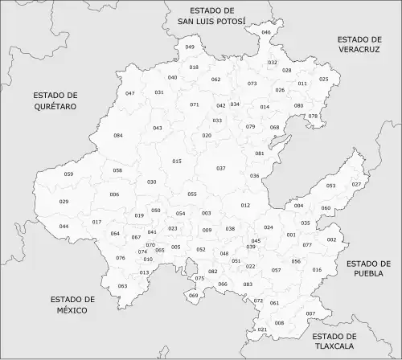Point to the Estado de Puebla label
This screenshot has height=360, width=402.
[x=368, y=268]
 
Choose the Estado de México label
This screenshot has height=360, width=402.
[x=72, y=305]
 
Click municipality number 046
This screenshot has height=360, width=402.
[x=266, y=32]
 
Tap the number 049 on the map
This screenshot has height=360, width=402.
[x=190, y=47]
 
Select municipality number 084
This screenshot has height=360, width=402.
[x=118, y=135]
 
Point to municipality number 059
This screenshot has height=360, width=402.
[x=68, y=174]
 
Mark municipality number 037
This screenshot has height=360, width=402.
[x=221, y=168]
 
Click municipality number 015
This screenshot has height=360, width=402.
[x=177, y=162]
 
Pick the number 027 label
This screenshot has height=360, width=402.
[x=356, y=184]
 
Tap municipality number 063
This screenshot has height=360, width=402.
[x=122, y=286]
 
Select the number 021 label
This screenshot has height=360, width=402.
[x=262, y=329]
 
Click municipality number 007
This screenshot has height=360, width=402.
[x=310, y=313]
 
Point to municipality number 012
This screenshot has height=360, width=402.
[x=246, y=206]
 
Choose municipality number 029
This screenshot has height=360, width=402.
[x=64, y=201]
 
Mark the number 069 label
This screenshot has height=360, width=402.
[x=193, y=296]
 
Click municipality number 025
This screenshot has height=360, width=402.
[x=324, y=79]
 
